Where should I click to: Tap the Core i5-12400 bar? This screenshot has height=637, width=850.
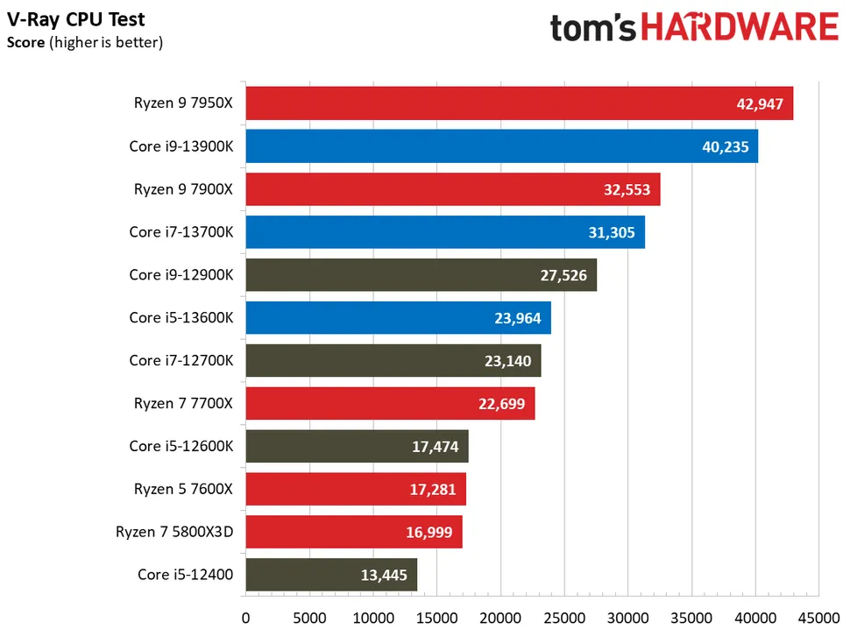[331, 575]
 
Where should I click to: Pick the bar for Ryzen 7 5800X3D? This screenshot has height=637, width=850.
[353, 532]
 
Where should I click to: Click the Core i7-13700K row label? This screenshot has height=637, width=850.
[181, 232]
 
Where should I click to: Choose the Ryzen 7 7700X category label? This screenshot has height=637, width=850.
[183, 403]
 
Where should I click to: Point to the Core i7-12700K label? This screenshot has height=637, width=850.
[181, 360]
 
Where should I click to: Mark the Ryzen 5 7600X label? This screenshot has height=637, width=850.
[183, 489]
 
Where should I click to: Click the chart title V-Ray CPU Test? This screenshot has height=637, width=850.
[76, 19]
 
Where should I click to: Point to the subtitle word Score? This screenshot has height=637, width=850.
[25, 41]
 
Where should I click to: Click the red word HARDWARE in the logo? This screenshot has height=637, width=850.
[740, 27]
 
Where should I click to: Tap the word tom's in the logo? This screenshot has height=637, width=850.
[591, 28]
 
